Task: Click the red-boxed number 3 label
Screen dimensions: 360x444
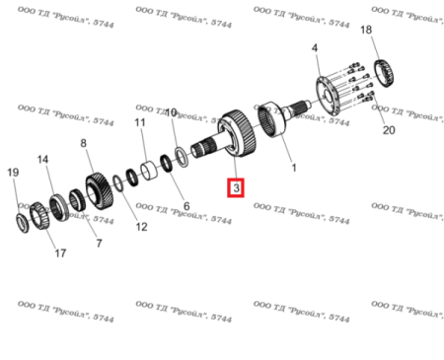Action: [235, 185]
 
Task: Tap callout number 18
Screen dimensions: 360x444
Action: [366, 33]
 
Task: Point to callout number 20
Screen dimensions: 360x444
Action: [387, 130]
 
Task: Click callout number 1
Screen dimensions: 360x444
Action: [292, 169]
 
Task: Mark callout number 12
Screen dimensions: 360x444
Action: [140, 227]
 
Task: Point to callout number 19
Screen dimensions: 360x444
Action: [13, 174]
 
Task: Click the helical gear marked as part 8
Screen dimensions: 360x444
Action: [96, 188]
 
